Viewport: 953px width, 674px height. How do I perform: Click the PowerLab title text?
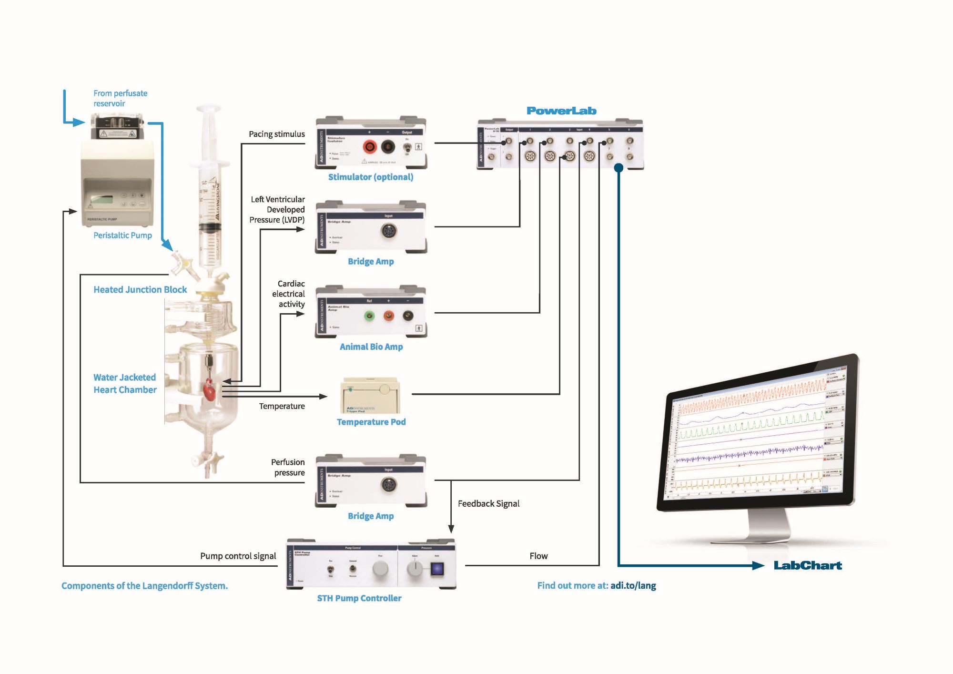click(x=561, y=111)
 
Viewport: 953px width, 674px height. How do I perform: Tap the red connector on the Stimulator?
click(x=370, y=147)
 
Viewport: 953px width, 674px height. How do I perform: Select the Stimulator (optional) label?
click(x=371, y=177)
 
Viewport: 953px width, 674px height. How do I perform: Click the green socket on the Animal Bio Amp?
click(x=369, y=316)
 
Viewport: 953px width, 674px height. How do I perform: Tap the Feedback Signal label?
click(x=488, y=504)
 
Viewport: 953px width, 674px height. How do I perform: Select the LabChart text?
click(x=808, y=566)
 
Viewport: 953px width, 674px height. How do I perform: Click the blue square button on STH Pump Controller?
click(x=437, y=569)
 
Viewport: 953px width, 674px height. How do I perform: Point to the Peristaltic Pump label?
click(x=122, y=235)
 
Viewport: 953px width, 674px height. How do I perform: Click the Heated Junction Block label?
click(x=140, y=290)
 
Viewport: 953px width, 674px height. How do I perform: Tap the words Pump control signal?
click(x=238, y=556)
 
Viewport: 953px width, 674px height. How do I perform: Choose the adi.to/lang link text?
click(x=633, y=586)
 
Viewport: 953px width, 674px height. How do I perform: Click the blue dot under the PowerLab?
click(x=618, y=168)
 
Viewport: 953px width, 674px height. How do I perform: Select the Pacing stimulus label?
click(x=277, y=134)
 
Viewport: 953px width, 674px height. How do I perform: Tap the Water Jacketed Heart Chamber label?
click(x=125, y=384)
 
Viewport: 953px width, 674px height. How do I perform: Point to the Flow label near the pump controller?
click(x=538, y=556)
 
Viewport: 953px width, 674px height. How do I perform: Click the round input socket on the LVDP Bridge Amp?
click(x=388, y=231)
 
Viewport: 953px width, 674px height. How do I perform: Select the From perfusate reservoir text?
click(x=120, y=99)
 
